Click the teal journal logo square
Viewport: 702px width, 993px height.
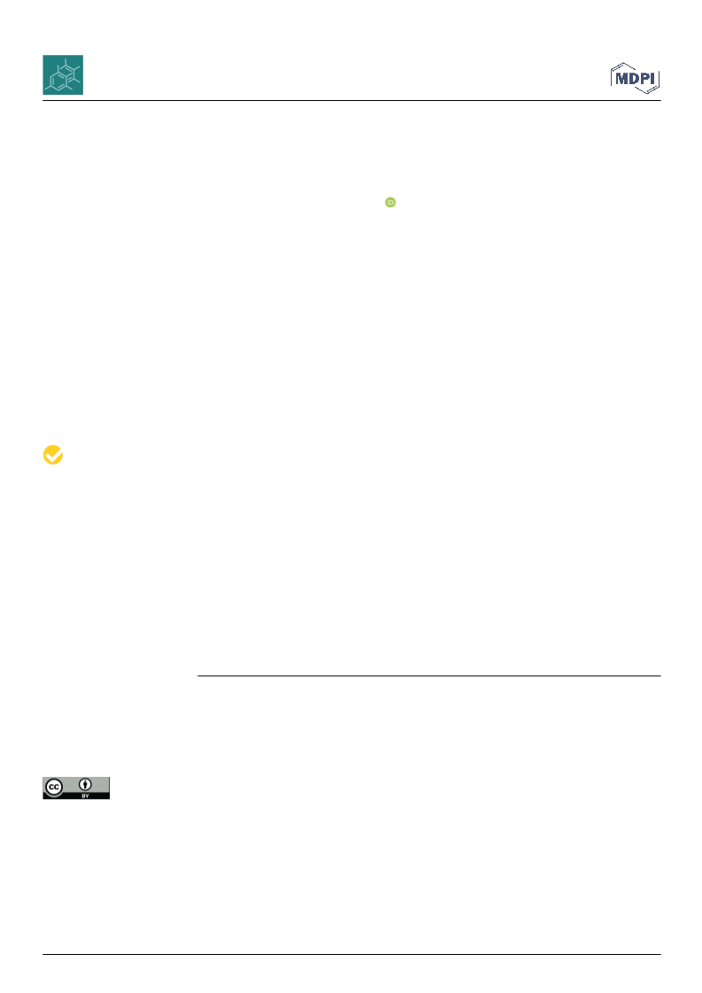[x=63, y=74]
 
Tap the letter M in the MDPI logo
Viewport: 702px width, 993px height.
[x=621, y=79]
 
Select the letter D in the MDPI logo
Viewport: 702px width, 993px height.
[x=633, y=79]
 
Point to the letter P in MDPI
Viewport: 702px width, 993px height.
[x=644, y=79]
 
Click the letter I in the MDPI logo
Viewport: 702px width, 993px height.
[x=652, y=79]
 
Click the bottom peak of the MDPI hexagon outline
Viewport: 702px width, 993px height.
[x=646, y=94]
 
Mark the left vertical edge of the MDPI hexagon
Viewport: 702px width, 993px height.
[x=612, y=78]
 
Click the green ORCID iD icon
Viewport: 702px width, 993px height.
[x=390, y=202]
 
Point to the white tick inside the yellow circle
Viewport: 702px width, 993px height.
[x=53, y=454]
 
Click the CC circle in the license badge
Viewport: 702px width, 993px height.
[x=54, y=787]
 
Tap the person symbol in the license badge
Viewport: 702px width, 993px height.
[x=86, y=785]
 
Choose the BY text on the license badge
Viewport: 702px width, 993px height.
[x=86, y=795]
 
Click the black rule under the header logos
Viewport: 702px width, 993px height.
[x=351, y=101]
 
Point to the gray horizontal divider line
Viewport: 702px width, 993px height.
[x=429, y=676]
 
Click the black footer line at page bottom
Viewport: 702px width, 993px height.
[x=351, y=954]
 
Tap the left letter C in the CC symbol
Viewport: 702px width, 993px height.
[x=52, y=787]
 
